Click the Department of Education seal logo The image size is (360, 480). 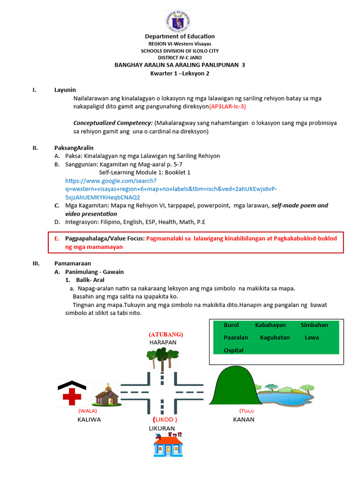178,22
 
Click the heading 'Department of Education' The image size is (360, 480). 180,36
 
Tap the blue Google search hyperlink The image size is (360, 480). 171,188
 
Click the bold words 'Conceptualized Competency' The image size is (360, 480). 113,123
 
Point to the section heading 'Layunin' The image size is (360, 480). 65,90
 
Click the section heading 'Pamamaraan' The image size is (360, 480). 73,263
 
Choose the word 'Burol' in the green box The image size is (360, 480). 231,325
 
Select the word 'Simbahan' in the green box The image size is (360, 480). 314,325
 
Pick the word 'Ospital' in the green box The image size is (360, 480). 234,350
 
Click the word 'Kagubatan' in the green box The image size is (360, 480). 275,337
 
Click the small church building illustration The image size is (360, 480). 107,395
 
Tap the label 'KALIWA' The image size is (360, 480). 89,420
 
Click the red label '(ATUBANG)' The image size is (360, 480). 165,334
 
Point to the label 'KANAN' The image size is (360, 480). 244,420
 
